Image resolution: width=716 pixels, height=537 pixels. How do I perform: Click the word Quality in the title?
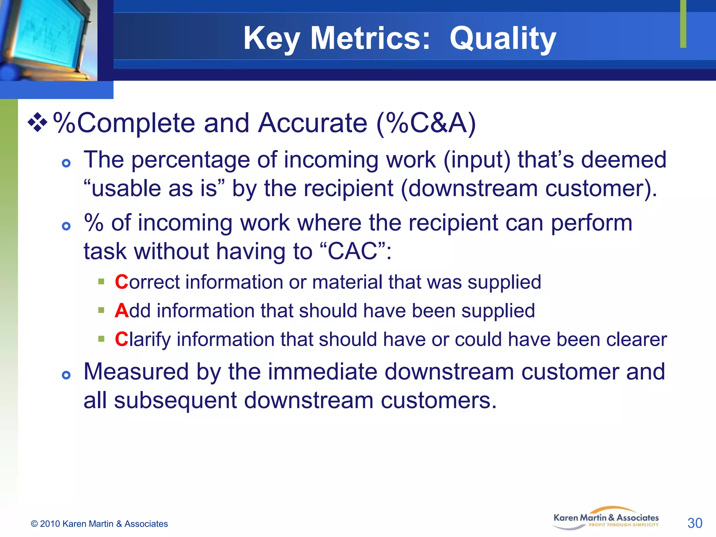pos(502,38)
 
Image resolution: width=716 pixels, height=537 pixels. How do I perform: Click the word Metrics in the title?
pos(370,38)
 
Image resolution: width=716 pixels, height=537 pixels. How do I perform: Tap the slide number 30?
pos(695,523)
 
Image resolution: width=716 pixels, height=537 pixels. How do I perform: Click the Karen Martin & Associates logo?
pos(606,518)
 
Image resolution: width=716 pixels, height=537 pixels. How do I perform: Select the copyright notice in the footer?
pos(99,524)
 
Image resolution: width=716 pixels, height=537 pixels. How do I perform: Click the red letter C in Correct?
pos(121,282)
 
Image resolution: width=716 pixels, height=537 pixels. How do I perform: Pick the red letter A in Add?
pos(121,310)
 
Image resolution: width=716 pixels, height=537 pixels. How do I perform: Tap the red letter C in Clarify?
pos(121,339)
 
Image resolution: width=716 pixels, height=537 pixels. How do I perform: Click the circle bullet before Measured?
pos(66,375)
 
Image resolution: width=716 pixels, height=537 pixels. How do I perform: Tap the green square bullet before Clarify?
pos(101,338)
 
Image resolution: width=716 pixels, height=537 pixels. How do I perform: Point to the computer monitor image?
pos(47,38)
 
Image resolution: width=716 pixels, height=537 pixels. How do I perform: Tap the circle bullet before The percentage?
pos(66,163)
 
